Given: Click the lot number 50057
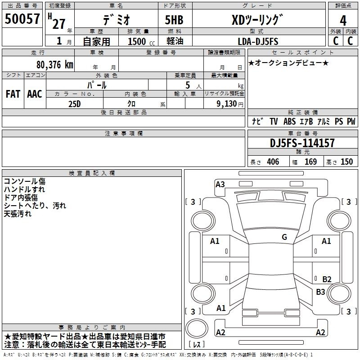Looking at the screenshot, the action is coord(22,19).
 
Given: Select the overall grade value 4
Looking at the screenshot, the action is coord(343,21).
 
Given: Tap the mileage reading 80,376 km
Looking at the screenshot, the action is coord(55,65).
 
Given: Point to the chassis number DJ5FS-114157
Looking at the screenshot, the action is coord(302,143).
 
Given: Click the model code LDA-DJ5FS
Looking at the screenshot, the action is coord(258,41).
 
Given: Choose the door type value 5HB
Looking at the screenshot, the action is coord(174,20).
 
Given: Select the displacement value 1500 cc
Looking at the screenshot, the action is coord(141,41).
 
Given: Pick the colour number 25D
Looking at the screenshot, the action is coord(75,104).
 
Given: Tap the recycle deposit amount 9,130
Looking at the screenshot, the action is coord(227,104).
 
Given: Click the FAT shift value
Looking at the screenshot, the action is coord(13,94).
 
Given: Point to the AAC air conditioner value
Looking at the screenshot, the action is coord(35,94).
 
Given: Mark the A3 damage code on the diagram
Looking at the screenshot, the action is coord(220,184).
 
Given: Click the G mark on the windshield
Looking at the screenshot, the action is coord(284,237).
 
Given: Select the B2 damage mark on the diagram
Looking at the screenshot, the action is coord(327,279).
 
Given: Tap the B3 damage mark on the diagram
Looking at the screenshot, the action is coord(320,292).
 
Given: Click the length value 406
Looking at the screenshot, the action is coord(273,162).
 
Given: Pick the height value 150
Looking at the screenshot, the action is coord(346,162).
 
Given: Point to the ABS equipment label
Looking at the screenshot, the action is coord(289,121).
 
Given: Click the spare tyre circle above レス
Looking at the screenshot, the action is coord(197,328).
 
